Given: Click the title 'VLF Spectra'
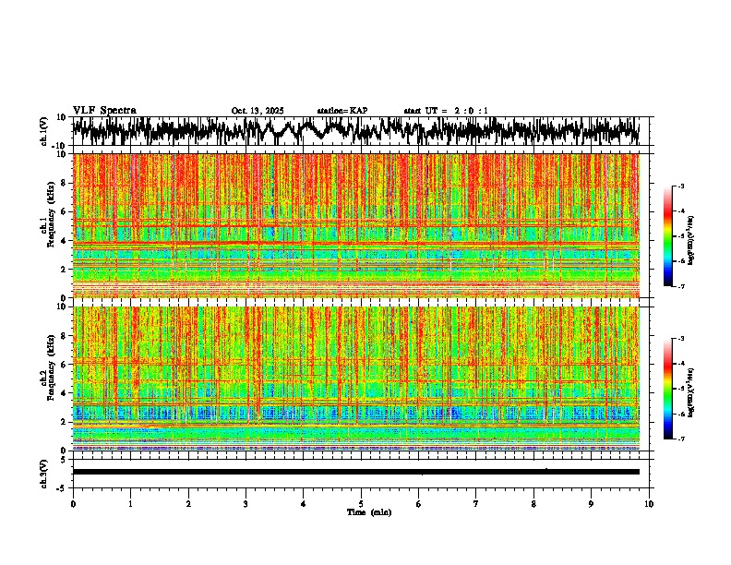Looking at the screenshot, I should point(104,110).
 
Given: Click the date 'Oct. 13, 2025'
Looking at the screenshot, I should point(258,111).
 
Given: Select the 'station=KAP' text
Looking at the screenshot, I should point(342,111).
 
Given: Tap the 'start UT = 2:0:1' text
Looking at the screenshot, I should point(446,111).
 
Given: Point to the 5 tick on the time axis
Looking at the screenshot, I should point(361,502).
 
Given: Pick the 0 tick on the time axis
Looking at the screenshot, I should point(73,502).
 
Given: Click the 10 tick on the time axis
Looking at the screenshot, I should point(649,502).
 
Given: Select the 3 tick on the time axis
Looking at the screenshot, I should point(246,502).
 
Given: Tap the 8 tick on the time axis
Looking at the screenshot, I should point(533,502).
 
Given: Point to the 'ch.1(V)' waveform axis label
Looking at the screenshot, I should point(44,131).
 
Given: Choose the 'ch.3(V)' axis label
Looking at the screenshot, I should point(44,472).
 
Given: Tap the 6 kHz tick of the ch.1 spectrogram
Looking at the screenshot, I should point(65,211).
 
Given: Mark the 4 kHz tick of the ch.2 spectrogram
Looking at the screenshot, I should point(65,393).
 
